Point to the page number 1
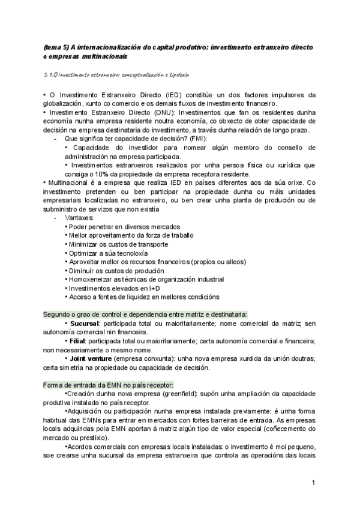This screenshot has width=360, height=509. click(313, 483)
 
